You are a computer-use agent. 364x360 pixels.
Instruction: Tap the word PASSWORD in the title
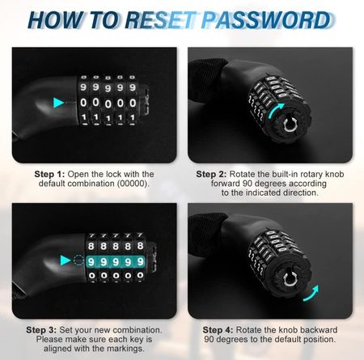click(x=266, y=19)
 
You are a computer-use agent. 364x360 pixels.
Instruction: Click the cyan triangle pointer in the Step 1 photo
click(x=58, y=103)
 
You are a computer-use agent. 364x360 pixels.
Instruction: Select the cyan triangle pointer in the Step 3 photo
click(x=66, y=260)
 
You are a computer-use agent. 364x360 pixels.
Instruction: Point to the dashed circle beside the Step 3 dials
click(x=78, y=260)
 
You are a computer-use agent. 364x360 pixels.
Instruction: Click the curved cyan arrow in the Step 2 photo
click(x=277, y=109)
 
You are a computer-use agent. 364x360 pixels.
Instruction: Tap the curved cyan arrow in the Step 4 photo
click(x=311, y=294)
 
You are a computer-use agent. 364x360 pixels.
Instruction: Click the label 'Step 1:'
click(x=49, y=174)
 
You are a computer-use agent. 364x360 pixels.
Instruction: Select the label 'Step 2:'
click(x=211, y=174)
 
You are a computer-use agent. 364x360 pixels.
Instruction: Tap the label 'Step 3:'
click(x=41, y=330)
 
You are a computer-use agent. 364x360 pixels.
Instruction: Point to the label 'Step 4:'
click(x=218, y=330)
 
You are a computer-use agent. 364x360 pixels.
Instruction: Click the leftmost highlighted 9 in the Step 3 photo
click(x=91, y=261)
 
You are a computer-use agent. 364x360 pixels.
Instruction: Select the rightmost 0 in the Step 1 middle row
click(x=133, y=103)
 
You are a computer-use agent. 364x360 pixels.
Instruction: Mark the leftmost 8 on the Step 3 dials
click(x=91, y=246)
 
